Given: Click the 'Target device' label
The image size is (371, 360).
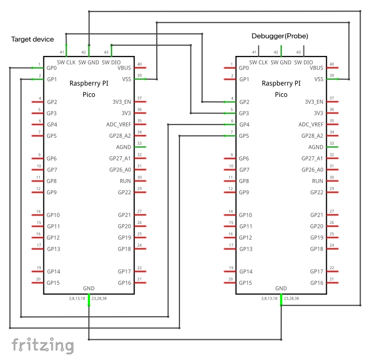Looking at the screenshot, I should pos(32,39).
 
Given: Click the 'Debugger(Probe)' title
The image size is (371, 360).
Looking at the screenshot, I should pos(280,36).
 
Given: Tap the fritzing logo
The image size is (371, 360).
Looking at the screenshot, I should pos(43,345).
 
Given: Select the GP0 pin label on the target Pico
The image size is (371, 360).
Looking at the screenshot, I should pos(52,68).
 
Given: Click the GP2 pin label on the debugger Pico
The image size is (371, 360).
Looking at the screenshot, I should pos(244,102).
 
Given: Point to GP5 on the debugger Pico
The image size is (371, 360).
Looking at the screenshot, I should pos(244,136).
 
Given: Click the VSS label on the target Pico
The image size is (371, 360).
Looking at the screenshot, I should pos(127,79).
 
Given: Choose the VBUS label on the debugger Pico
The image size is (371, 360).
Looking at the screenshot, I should pos(317,68).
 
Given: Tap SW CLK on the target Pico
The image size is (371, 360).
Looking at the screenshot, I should pos(67,62).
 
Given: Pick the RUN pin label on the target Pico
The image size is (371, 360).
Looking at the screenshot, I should pos(126,181).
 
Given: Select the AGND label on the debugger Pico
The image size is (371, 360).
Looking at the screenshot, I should pos(316,147).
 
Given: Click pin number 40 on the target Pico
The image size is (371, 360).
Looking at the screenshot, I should pos(139,64).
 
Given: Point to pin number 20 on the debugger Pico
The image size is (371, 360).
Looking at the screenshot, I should pos(230,279).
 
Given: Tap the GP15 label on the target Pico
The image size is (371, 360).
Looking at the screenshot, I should pos(53,283).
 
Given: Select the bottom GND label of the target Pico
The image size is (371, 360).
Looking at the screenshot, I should pos(89,288).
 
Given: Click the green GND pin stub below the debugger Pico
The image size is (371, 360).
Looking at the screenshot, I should pos(281,301).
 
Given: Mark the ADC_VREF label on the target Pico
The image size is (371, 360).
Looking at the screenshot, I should pos(119,125).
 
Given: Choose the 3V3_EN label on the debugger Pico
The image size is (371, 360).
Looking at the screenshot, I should pos(314,102).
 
